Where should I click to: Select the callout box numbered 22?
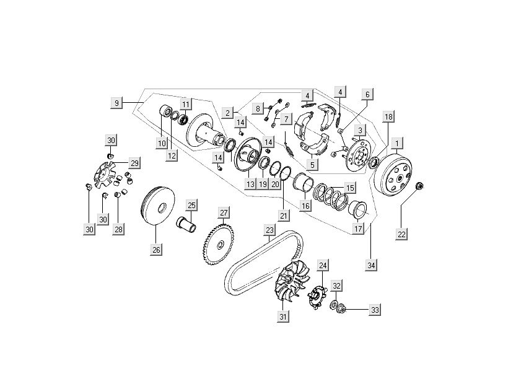(x=401, y=233)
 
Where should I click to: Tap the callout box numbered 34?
(x=371, y=265)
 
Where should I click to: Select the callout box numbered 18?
(x=388, y=116)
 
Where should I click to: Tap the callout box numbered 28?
(x=118, y=229)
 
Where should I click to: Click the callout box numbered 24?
(x=322, y=265)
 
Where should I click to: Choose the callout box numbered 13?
(x=250, y=185)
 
